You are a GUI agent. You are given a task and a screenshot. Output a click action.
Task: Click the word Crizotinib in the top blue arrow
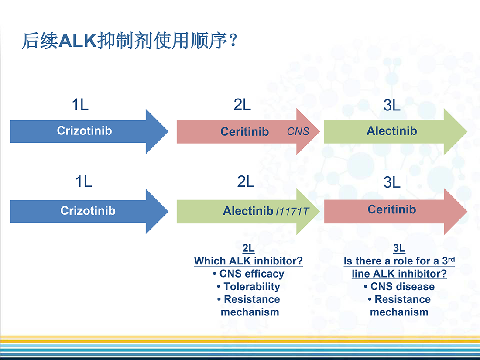click(x=85, y=131)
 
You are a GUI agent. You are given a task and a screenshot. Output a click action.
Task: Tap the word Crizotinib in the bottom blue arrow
click(x=88, y=211)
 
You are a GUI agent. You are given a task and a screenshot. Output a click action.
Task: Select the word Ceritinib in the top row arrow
click(x=245, y=132)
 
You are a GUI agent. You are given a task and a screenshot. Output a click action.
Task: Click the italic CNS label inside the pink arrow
click(x=298, y=132)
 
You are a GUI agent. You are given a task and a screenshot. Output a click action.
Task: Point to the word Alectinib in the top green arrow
click(x=392, y=131)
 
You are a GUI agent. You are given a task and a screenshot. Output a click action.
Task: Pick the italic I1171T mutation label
click(x=293, y=212)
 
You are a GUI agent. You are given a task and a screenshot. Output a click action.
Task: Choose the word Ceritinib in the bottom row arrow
click(x=392, y=209)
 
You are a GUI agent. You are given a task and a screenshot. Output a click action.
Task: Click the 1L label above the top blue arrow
click(x=80, y=104)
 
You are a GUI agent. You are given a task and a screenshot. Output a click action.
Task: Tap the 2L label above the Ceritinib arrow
click(x=242, y=104)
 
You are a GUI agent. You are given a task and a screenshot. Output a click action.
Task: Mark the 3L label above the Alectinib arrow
click(x=392, y=105)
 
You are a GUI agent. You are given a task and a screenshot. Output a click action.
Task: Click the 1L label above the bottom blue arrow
click(x=84, y=181)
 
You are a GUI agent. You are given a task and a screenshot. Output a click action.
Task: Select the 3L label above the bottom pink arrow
click(x=392, y=182)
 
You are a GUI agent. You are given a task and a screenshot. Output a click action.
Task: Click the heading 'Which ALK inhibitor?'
click(x=249, y=261)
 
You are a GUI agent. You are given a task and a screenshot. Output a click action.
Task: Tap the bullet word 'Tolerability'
click(x=252, y=287)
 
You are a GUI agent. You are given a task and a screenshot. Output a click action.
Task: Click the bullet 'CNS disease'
click(x=403, y=287)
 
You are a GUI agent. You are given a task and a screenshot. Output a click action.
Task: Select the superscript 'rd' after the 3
click(x=451, y=259)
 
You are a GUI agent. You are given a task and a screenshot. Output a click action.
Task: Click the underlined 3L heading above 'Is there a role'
click(x=399, y=248)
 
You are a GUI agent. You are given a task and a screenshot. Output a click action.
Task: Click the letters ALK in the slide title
click(x=78, y=41)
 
